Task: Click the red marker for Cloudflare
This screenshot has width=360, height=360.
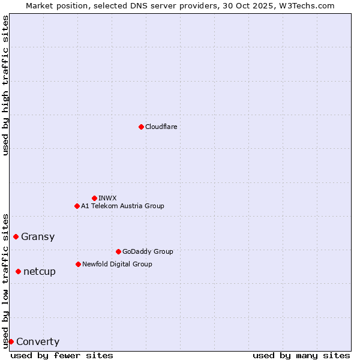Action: pos(141,127)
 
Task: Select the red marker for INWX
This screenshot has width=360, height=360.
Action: pos(94,198)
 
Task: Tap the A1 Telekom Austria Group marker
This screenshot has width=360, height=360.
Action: pos(77,206)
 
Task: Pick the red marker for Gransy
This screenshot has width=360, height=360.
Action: pos(16,236)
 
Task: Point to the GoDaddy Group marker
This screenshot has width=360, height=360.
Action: pos(118,251)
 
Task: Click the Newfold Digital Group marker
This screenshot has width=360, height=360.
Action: pos(78,264)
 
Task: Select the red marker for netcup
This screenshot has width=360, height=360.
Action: pos(18,271)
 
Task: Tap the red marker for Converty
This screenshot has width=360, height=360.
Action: pos(11,341)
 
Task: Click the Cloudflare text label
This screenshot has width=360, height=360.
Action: pos(161,127)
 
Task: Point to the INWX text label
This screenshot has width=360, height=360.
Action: pos(108,198)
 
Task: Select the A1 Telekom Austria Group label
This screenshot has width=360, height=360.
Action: pos(122,206)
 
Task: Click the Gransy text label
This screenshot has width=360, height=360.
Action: pos(38,236)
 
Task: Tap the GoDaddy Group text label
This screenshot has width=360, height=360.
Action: pos(148,251)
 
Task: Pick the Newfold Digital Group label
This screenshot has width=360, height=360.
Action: pos(117,264)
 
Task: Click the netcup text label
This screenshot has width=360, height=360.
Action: pos(40,271)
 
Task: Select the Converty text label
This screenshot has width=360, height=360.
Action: pos(38,342)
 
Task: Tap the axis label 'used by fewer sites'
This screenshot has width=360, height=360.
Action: pos(62,355)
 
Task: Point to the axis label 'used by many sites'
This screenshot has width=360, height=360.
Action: pos(301,355)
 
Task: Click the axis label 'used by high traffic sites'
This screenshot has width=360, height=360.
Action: pos(5,85)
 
